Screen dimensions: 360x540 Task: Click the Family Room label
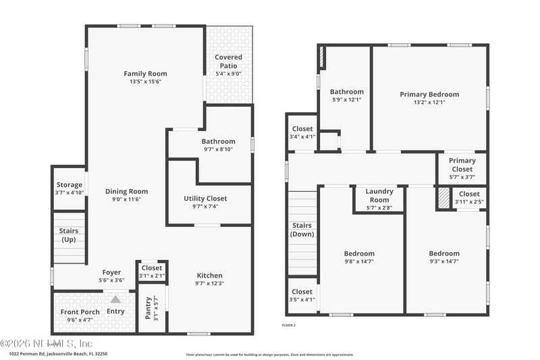click(x=145, y=74)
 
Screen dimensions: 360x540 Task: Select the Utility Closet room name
click(x=205, y=199)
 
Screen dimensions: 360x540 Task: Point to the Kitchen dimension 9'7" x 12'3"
click(x=209, y=283)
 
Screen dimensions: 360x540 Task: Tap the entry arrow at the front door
click(x=115, y=299)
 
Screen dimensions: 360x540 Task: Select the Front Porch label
click(x=80, y=312)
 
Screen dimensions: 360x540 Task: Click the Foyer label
click(x=111, y=272)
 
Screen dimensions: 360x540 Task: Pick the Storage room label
click(x=69, y=184)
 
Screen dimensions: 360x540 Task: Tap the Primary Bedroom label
click(x=429, y=95)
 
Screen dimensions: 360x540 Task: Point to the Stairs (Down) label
click(x=302, y=230)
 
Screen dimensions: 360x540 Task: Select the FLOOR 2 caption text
click(x=288, y=325)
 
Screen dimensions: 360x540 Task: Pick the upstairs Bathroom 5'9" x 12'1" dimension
click(x=346, y=100)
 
